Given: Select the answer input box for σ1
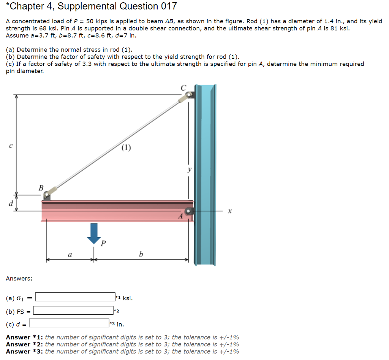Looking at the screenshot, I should pos(75,297).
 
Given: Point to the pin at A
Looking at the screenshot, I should pos(189,211).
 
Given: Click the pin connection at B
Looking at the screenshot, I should pos(47,195).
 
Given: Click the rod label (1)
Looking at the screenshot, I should pos(127,147).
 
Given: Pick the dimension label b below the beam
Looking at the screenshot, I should pos(141,254).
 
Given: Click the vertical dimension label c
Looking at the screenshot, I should pos(11,145).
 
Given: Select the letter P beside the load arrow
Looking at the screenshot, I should pos(103,242).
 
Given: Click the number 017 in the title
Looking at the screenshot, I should pos(168,6).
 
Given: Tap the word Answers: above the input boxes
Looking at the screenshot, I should pos(19,278).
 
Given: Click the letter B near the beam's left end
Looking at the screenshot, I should pos(41,187).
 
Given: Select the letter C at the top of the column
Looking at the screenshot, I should pos(183,88).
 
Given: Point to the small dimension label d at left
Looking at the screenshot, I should pos(11,203).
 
